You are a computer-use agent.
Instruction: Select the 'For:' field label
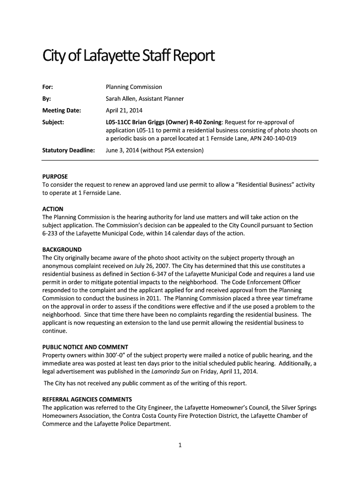tap(48, 87)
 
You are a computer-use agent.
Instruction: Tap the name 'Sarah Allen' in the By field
tap(122, 99)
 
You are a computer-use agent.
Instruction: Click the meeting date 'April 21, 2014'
tap(124, 111)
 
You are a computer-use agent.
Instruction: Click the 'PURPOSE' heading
tap(55, 176)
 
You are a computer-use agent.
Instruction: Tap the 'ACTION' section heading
tap(53, 209)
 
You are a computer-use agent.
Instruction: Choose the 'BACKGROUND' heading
tap(62, 249)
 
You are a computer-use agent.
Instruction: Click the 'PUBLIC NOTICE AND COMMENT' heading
tap(85, 347)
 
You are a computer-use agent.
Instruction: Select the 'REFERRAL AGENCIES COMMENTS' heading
tap(87, 399)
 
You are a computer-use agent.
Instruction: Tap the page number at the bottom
tap(180, 445)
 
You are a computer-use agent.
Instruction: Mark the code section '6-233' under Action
tap(50, 233)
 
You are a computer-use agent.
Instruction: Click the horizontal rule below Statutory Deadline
tap(180, 160)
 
